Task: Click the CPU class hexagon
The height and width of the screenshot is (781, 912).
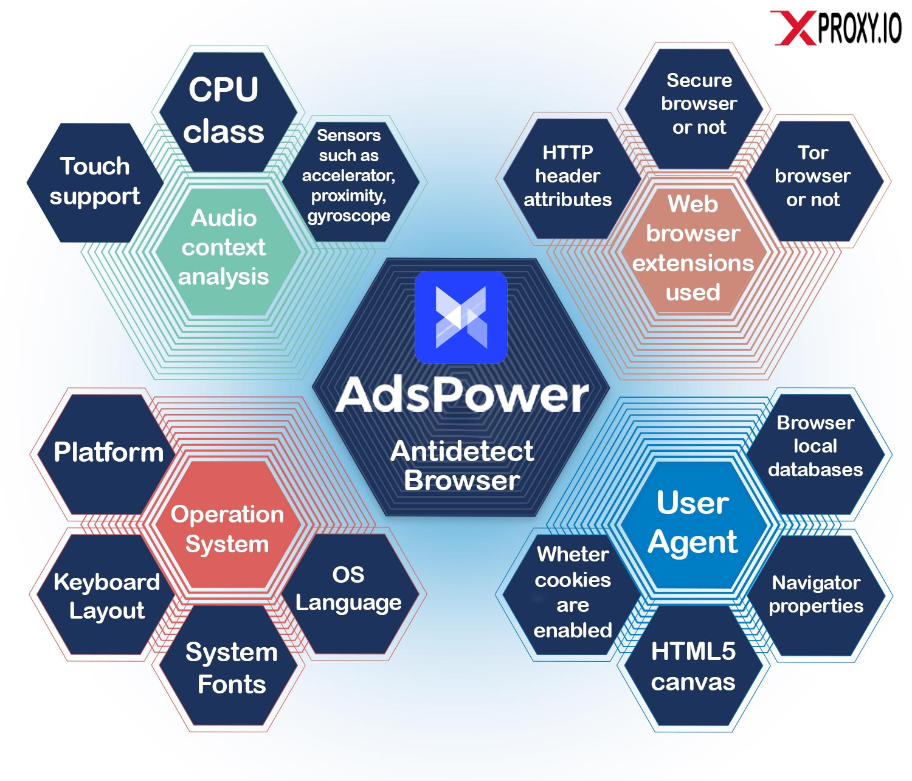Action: [224, 111]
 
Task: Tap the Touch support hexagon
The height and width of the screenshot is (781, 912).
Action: [95, 182]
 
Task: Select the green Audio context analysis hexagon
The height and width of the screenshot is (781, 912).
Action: [224, 248]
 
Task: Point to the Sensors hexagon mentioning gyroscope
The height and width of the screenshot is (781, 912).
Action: [349, 176]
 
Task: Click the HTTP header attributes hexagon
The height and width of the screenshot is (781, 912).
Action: [567, 176]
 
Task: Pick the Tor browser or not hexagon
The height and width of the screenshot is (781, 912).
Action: [812, 176]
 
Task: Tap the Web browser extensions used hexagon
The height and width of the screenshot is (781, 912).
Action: [693, 248]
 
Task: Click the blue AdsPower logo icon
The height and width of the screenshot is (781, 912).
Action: [461, 317]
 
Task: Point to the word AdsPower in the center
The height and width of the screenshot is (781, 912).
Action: [462, 395]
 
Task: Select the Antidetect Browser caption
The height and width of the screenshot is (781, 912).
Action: [462, 466]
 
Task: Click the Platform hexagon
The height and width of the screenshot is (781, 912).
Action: [108, 453]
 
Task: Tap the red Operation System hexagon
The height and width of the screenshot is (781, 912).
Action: [227, 528]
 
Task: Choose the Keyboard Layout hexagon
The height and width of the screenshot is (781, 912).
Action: [107, 596]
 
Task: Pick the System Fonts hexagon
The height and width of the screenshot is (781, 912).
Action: [231, 668]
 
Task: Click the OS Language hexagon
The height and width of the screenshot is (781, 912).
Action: [348, 589]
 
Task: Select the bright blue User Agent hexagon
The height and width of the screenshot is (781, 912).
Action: [693, 523]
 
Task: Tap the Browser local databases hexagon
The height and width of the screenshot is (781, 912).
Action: [815, 446]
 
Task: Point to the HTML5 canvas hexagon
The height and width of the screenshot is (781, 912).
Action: [693, 667]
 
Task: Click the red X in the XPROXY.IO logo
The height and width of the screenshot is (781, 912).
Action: [794, 28]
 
